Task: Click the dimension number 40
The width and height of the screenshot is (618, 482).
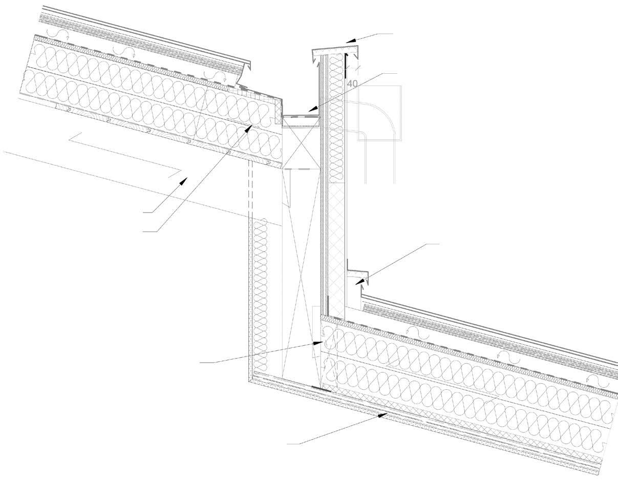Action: point(352,83)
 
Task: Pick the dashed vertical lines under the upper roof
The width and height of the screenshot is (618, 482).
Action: point(251,190)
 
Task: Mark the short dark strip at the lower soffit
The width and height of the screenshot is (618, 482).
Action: point(320,389)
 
